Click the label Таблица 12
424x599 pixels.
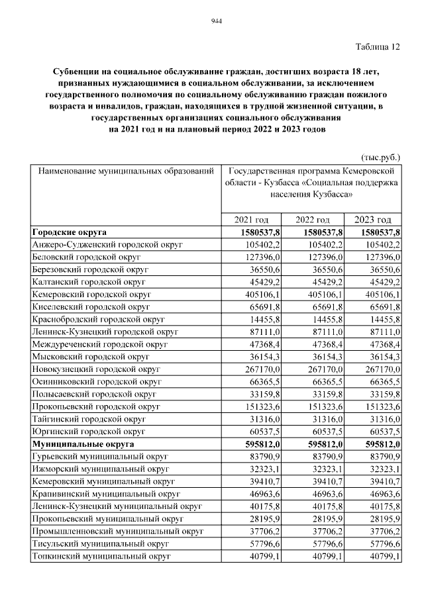[x=378, y=46]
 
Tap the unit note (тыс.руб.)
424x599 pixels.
[x=380, y=158]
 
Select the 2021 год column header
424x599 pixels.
[x=251, y=220]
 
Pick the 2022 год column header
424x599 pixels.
[x=312, y=220]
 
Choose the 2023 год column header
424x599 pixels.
[x=373, y=220]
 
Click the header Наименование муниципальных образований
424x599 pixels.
[x=127, y=171]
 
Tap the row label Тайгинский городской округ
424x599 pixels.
[x=89, y=419]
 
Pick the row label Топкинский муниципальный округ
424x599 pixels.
[x=101, y=556]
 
